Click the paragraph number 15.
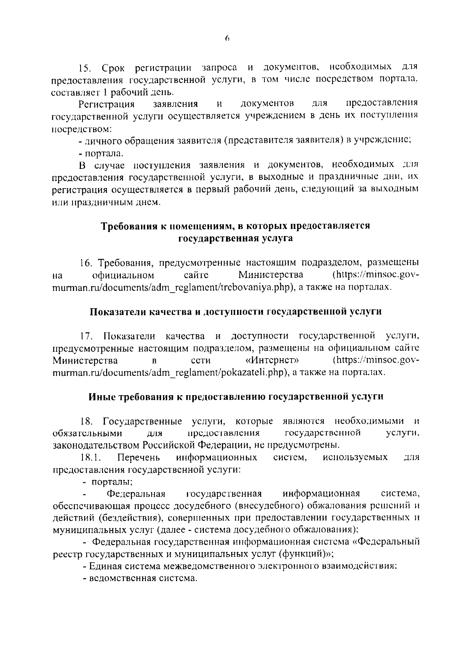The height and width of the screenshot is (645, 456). [85, 68]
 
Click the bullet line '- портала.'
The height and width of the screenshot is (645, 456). [101, 154]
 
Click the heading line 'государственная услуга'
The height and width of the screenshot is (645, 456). [236, 238]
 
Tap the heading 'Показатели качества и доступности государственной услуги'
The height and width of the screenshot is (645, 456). [236, 312]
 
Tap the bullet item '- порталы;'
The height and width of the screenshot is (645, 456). [108, 482]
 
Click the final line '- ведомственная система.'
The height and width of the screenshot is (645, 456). [140, 578]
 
